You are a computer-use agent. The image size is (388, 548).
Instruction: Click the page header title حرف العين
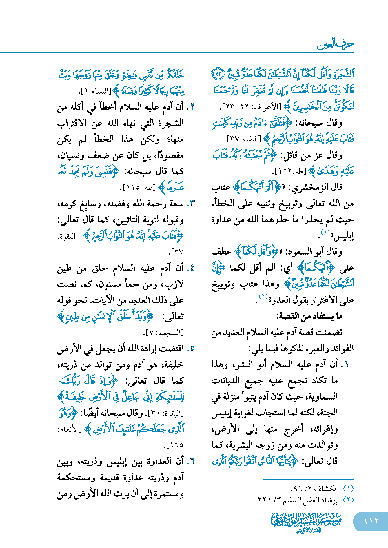click(335, 44)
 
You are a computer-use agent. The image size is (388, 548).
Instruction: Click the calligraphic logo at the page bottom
click(306, 522)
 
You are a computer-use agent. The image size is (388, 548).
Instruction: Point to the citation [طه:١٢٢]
click(289, 172)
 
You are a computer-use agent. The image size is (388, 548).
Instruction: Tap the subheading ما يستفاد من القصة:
click(309, 316)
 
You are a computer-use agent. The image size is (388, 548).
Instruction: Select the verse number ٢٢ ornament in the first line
click(218, 75)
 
